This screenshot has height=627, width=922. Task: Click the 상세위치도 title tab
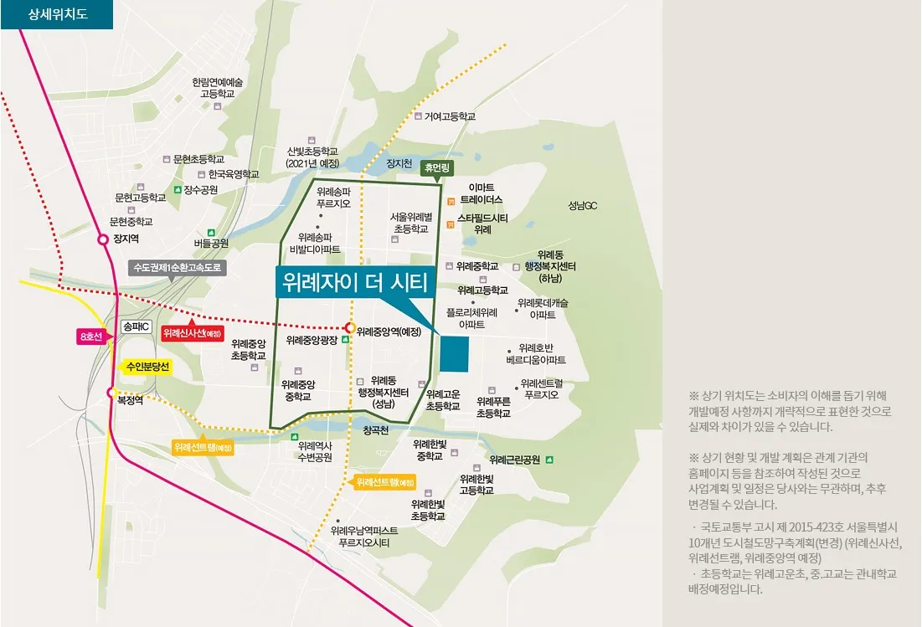coord(56,14)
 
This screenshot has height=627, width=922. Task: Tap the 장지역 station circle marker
coord(104,239)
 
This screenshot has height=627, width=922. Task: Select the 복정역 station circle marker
coord(111,392)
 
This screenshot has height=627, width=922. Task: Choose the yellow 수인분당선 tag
coord(147,367)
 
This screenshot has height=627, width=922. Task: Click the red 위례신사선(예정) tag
coord(193,332)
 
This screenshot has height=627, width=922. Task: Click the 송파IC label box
coord(134,327)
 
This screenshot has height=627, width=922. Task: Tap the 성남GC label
coord(582,205)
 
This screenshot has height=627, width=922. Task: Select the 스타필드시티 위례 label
coord(482,224)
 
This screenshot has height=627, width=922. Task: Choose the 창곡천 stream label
coord(376,430)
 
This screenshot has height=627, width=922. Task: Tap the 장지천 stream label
coord(399,163)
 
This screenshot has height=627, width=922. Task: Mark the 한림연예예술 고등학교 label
coord(217,88)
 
